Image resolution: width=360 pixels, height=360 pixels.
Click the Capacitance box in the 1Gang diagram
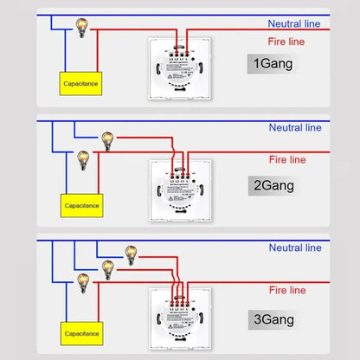click(84, 83)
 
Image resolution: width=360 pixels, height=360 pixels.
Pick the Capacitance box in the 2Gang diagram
click(84, 206)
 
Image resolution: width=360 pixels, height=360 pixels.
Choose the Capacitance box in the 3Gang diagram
click(84, 332)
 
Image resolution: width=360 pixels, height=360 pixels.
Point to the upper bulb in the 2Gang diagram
click(107, 138)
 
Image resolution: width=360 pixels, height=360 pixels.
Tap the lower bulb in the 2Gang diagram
click(84, 158)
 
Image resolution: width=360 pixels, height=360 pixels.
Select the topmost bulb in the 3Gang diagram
click(131, 253)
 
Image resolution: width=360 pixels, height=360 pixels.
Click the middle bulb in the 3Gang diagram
click(107, 267)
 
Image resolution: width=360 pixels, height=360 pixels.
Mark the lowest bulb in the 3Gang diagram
click(84, 281)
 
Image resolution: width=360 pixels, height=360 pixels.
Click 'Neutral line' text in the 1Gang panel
click(297, 23)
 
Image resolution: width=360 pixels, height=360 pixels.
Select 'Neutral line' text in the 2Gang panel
click(297, 127)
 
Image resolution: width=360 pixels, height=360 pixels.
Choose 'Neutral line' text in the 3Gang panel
click(297, 247)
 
